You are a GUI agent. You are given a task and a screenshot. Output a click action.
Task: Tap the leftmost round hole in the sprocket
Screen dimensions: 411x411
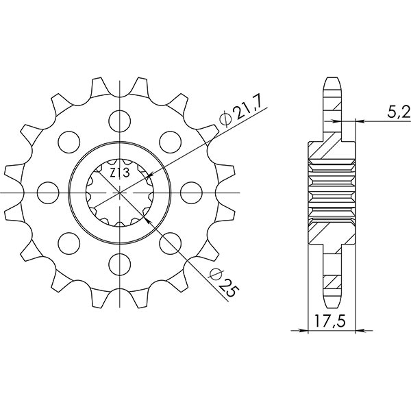(x=49, y=190)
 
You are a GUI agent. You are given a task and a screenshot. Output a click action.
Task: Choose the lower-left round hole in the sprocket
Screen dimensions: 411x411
(x=69, y=241)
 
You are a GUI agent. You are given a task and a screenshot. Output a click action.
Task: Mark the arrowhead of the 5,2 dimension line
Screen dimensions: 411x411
(x=360, y=122)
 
